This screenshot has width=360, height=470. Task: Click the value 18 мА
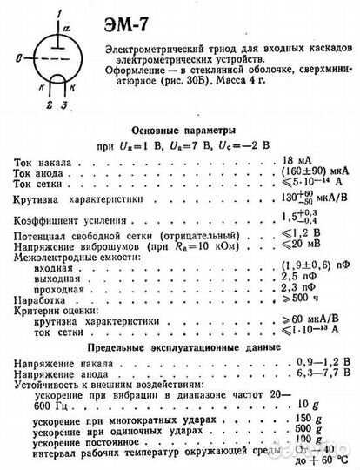point(283,162)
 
